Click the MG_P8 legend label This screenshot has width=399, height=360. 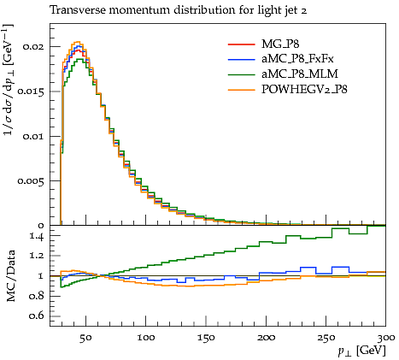(x=280, y=44)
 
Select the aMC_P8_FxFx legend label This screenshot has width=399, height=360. (x=297, y=59)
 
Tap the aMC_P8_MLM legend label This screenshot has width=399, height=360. (x=300, y=74)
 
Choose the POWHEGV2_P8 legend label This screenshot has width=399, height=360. (x=304, y=90)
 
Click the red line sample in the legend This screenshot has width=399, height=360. (x=241, y=44)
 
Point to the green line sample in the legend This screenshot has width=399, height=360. (x=241, y=74)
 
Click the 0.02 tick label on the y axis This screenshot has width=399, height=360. (x=33, y=46)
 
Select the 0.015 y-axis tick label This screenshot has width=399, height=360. (x=31, y=91)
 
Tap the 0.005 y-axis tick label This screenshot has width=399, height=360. (x=31, y=181)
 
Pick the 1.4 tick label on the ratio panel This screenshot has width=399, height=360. (x=37, y=236)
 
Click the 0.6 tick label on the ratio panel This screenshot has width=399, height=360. (x=37, y=316)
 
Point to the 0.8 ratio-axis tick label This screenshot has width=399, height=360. (x=37, y=296)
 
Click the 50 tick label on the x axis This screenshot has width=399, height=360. (x=85, y=338)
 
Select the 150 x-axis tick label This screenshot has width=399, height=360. (x=206, y=338)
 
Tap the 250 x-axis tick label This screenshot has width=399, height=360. (x=326, y=338)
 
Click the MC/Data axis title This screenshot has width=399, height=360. (x=10, y=275)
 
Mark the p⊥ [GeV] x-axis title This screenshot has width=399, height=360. (x=361, y=351)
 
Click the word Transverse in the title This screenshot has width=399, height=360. (x=78, y=10)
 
